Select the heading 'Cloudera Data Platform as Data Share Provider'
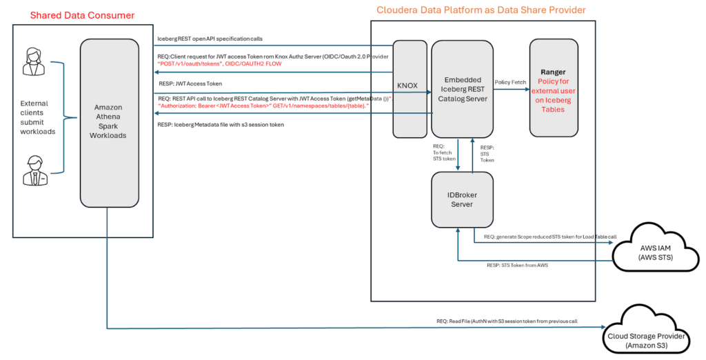(x=481, y=10)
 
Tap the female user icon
(x=32, y=61)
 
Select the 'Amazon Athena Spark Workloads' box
(x=110, y=121)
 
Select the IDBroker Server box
(x=462, y=199)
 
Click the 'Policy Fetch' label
(x=510, y=82)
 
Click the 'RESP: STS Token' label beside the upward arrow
(x=487, y=153)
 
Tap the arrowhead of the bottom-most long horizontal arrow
(x=603, y=327)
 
